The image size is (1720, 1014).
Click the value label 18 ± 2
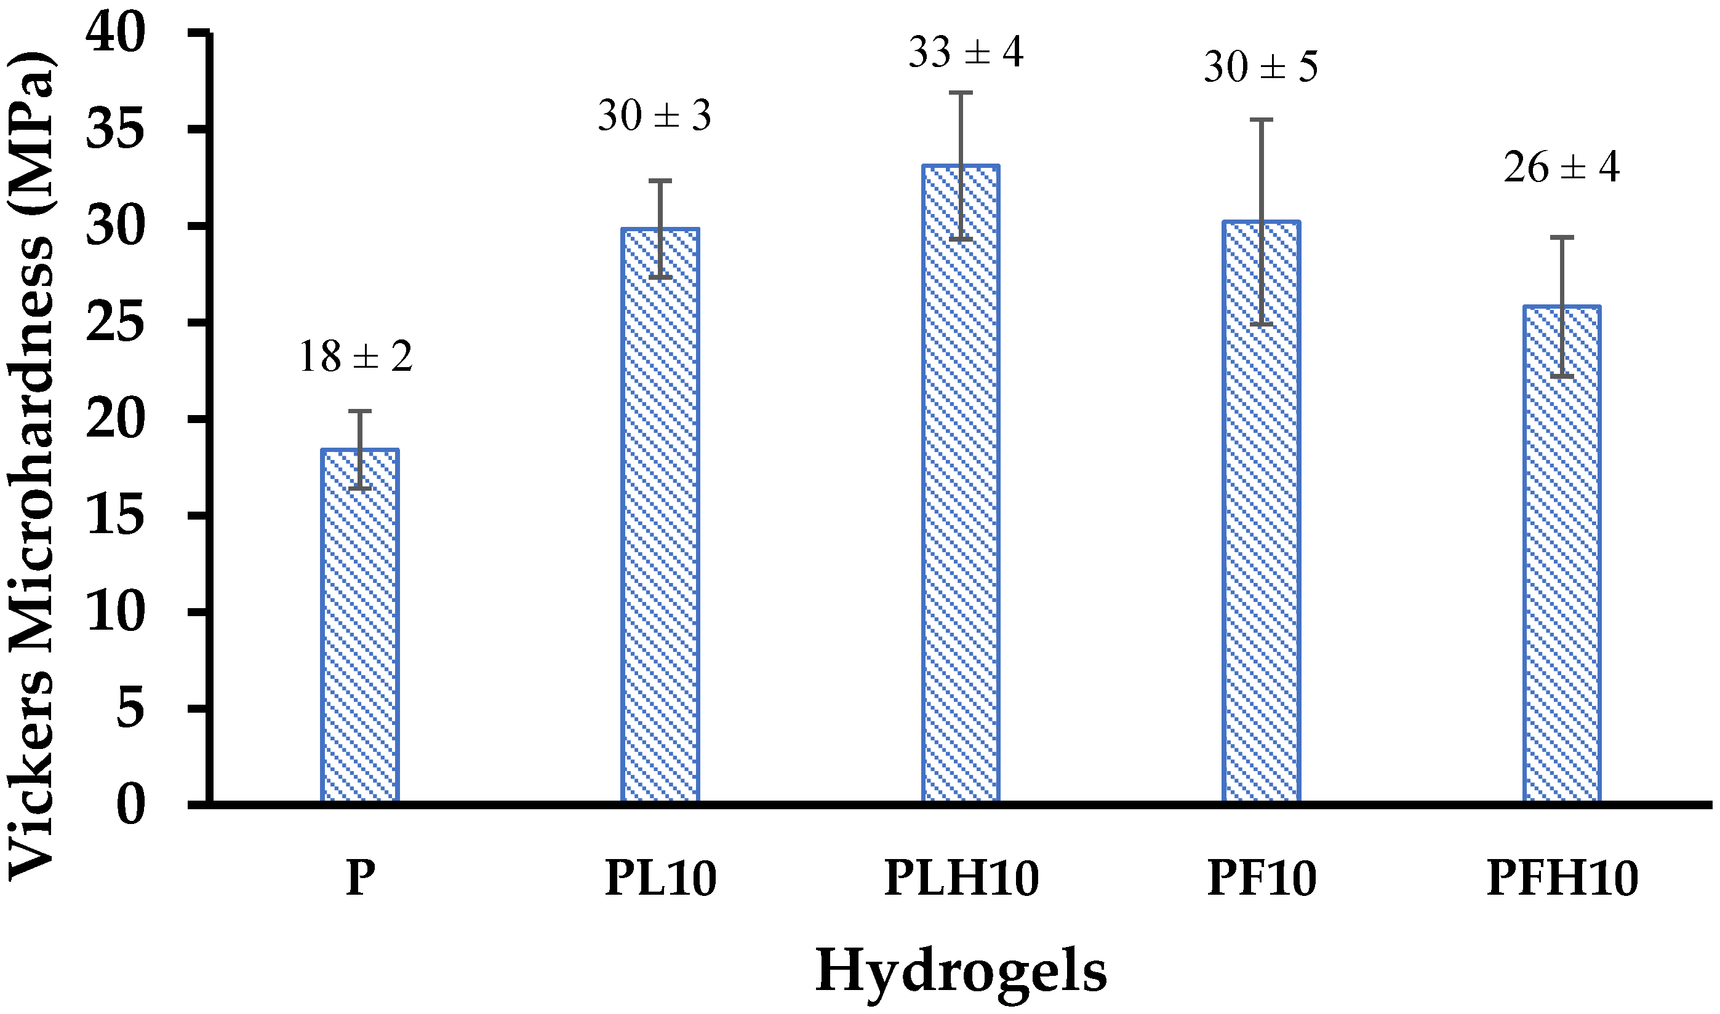(x=356, y=357)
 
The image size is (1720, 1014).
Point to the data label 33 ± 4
(x=966, y=53)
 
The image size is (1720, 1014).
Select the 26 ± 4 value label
(x=1561, y=168)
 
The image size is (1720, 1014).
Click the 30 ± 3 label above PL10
(x=655, y=116)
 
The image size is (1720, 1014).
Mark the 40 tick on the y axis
(x=116, y=34)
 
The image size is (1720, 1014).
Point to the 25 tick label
(x=116, y=323)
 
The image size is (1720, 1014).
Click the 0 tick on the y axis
(x=131, y=806)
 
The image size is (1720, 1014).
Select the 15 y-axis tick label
(x=116, y=517)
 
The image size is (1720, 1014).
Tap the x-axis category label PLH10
(x=962, y=879)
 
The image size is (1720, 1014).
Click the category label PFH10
(x=1562, y=879)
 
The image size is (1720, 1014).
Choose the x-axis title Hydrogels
(x=961, y=971)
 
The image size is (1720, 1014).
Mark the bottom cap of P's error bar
(x=359, y=488)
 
